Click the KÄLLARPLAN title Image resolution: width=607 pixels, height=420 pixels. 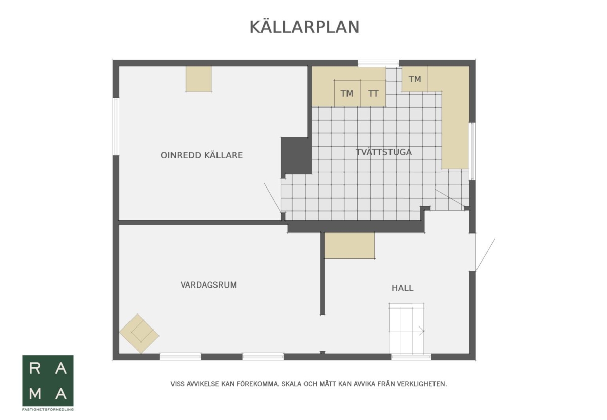tap(304, 27)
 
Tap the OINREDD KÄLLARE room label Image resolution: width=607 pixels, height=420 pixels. tap(202, 155)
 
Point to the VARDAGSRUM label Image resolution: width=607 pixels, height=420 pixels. tap(208, 285)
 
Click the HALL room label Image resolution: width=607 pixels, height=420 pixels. tap(402, 288)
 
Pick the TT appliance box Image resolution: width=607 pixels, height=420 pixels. tap(373, 94)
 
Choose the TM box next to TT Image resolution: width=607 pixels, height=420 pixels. tap(347, 94)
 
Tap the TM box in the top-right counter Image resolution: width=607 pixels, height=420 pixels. tap(415, 79)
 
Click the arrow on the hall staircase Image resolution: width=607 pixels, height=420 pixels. tap(421, 331)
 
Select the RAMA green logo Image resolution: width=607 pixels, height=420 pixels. tap(48, 381)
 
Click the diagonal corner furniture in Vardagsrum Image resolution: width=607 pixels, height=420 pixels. tap(139, 334)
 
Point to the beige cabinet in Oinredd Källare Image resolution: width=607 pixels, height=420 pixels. tap(198, 79)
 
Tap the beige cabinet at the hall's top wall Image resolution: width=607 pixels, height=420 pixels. tap(350, 246)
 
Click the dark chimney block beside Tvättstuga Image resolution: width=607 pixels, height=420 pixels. tap(295, 156)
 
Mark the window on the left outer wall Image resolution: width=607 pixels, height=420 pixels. tap(116, 126)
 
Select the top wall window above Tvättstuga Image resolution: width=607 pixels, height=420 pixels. tap(378, 63)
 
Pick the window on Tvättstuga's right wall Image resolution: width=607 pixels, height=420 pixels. tap(472, 151)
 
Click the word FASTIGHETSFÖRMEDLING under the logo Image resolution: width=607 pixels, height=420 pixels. tap(48, 409)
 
